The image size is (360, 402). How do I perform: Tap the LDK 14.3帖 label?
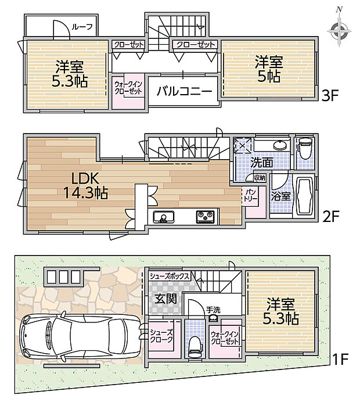coord(85,186)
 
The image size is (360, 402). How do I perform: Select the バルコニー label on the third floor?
coord(185,91)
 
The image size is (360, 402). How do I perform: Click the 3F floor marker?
coord(330,96)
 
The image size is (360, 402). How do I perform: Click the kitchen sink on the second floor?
coord(164,217)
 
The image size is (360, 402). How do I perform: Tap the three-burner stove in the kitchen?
coord(205,217)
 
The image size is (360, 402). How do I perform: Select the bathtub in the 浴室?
coord(305,195)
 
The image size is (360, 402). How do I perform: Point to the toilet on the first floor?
coord(195,347)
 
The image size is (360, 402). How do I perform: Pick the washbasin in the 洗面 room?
coord(280,145)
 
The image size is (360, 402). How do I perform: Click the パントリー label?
coord(250,196)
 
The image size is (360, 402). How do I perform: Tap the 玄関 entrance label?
coord(166,299)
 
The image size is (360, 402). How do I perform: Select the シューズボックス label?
coord(170,276)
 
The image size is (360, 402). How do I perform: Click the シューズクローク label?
coord(161,336)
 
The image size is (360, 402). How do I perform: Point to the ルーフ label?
coord(81,27)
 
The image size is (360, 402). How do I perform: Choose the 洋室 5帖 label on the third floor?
coord(268,69)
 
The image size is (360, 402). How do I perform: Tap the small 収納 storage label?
coord(260,178)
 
